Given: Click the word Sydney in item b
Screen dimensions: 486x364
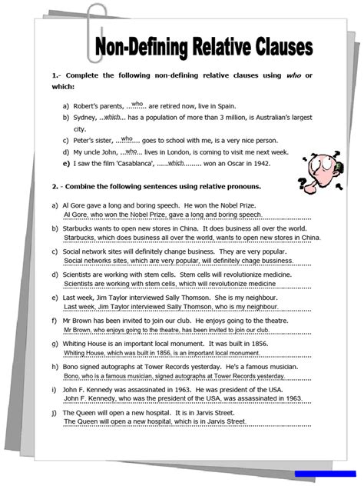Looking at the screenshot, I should pos(84,118).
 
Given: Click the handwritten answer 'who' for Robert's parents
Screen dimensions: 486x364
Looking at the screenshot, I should pos(137,104).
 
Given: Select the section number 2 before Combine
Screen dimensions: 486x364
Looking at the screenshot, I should pos(54,186).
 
